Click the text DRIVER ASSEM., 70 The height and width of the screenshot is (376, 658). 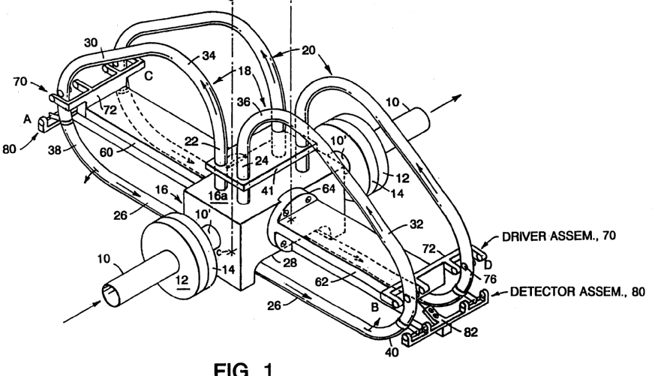click(x=559, y=236)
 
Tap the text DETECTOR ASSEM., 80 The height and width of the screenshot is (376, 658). click(x=578, y=292)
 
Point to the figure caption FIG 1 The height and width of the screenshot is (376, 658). click(x=243, y=369)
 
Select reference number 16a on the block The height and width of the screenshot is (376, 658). click(x=218, y=196)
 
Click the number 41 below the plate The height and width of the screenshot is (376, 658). click(x=267, y=191)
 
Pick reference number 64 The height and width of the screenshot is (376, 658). click(x=329, y=189)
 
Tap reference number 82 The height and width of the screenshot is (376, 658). click(x=470, y=332)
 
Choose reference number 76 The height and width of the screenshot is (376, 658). click(x=490, y=279)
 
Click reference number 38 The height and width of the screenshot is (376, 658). click(x=55, y=150)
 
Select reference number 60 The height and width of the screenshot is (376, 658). click(x=107, y=152)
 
